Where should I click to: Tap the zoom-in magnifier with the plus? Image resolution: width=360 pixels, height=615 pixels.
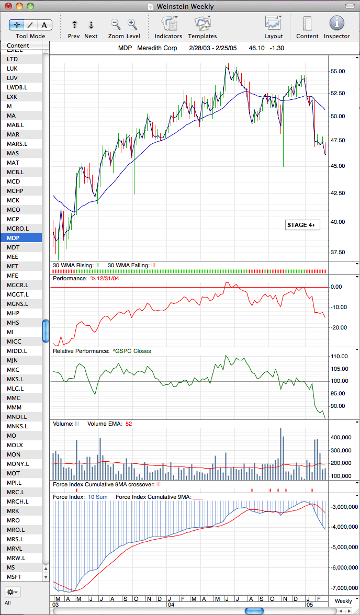[132, 24]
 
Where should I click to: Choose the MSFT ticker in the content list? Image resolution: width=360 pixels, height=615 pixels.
[14, 577]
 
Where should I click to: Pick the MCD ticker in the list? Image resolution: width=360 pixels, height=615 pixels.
[14, 181]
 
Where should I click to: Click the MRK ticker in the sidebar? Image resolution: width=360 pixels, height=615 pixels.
[13, 511]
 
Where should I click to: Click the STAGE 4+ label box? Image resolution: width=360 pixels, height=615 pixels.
[301, 225]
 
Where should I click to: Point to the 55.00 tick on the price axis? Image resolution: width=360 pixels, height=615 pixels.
[337, 71]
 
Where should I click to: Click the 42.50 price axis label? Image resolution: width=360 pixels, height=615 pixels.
[337, 193]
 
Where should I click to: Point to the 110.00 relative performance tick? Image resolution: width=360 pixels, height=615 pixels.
[339, 357]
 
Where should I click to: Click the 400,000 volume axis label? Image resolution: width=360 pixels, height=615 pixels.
[340, 437]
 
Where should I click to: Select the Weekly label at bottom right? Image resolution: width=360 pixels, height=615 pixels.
[343, 601]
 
